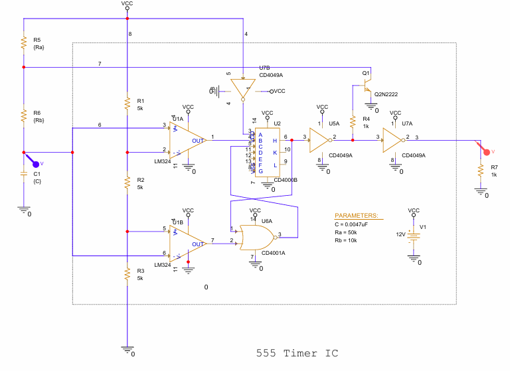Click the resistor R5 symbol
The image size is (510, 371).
[23, 43]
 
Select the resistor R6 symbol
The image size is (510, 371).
[23, 116]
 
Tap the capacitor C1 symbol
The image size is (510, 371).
[23, 176]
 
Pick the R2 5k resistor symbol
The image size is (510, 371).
[126, 183]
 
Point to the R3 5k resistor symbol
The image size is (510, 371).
[126, 274]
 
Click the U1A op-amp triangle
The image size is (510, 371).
[187, 139]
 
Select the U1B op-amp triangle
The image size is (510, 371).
[187, 243]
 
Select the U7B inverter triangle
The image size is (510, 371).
[243, 88]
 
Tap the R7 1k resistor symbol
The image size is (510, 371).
[480, 171]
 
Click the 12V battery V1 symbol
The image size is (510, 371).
[414, 237]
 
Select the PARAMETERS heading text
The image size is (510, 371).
[356, 216]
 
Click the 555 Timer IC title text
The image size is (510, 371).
[297, 353]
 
